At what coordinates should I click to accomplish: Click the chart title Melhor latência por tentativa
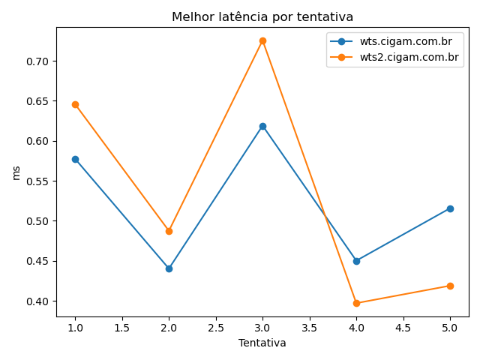point(262,16)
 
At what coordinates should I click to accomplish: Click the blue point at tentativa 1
point(75,159)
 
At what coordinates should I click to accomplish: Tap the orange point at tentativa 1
point(75,104)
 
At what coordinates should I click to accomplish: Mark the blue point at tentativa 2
point(169,268)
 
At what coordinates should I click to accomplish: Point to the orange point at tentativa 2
point(169,231)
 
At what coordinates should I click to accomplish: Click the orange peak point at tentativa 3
point(262,40)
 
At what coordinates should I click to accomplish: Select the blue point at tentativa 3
point(262,126)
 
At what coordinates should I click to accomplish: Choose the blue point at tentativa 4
point(356,261)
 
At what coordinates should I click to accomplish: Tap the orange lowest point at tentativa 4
point(356,303)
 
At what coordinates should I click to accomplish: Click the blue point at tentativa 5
point(450,208)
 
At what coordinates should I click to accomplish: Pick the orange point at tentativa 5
point(450,286)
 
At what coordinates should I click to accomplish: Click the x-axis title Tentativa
point(262,343)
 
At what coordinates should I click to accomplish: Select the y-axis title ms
point(16,172)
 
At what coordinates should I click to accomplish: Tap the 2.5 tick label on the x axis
point(215,328)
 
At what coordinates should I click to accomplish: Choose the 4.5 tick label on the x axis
point(403,328)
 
